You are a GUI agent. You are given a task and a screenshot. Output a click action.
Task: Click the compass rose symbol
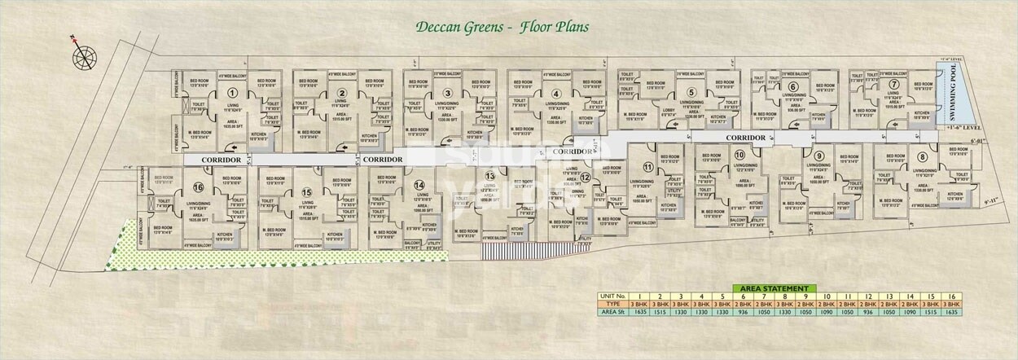coord(83,56)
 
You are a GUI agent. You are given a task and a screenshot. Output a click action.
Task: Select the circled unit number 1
coord(233,93)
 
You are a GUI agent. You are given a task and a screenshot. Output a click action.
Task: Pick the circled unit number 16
coord(199,187)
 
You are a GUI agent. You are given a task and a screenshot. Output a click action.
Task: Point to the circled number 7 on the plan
coord(893,84)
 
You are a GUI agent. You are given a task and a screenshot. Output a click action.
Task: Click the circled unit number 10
coord(739,155)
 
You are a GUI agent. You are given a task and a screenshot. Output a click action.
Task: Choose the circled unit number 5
coord(691,93)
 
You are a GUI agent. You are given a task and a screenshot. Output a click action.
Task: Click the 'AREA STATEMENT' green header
coord(774,288)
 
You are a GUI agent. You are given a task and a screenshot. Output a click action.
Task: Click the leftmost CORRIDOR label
coord(222,160)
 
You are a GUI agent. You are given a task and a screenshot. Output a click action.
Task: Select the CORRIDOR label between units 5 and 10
coord(747,138)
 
